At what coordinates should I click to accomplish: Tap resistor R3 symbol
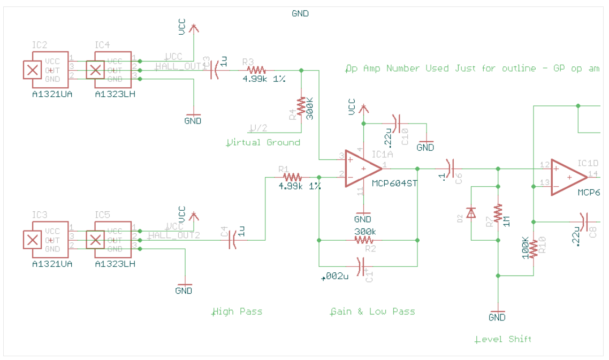click(x=256, y=70)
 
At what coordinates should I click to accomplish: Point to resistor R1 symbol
click(x=292, y=177)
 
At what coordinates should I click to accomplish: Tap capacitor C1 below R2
click(x=361, y=265)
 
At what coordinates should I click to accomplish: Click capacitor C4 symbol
click(x=233, y=240)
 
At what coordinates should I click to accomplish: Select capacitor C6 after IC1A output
click(x=451, y=168)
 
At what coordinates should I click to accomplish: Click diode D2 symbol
click(x=470, y=213)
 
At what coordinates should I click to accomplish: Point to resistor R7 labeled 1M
click(x=498, y=214)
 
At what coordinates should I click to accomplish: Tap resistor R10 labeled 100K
click(x=533, y=248)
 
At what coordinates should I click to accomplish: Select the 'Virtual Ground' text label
click(x=263, y=142)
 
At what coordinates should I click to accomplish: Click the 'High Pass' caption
click(x=237, y=311)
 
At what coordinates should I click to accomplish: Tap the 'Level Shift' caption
click(x=503, y=339)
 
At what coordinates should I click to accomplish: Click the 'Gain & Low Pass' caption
click(x=372, y=311)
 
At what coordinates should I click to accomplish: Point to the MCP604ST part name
click(x=394, y=183)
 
